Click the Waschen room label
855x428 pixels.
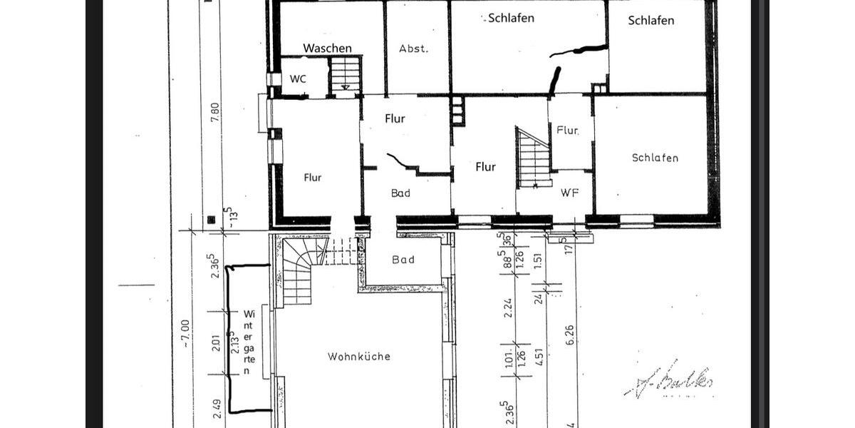(327, 49)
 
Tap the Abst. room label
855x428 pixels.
(413, 49)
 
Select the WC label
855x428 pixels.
(298, 78)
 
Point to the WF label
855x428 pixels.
(569, 193)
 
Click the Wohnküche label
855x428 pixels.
(359, 357)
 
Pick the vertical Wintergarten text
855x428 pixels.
(248, 342)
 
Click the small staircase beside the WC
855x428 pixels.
(346, 74)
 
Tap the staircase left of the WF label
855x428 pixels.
(533, 158)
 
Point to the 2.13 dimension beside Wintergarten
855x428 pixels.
(232, 342)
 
